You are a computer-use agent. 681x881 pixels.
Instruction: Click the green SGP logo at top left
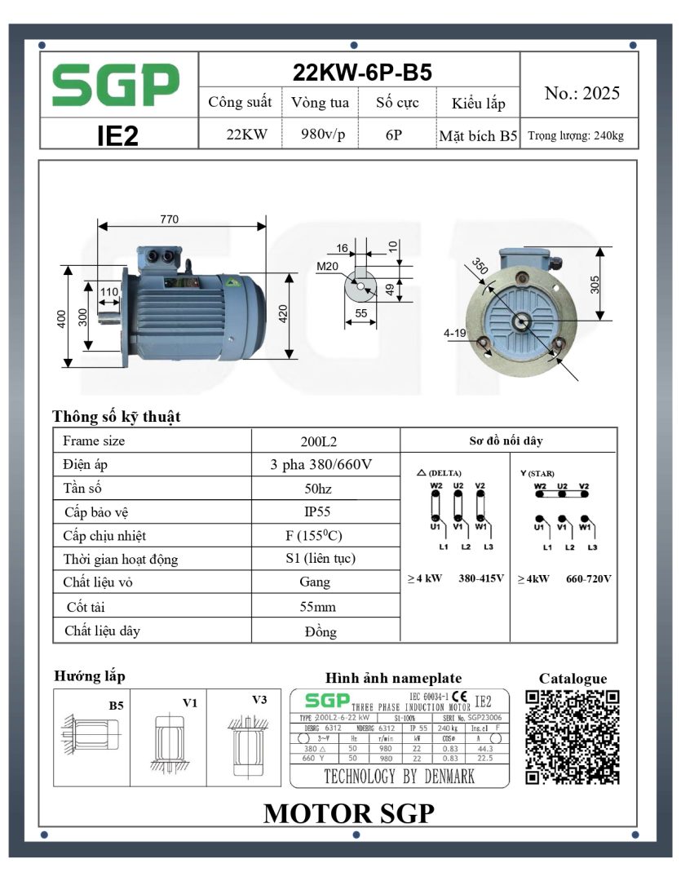[116, 85]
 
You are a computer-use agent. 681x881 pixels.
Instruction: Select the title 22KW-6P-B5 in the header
[361, 72]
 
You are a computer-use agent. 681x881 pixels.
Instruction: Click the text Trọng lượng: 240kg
[576, 135]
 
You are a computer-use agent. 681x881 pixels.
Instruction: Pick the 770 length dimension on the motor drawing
[170, 219]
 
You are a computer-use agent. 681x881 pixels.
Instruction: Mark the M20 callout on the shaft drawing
[328, 266]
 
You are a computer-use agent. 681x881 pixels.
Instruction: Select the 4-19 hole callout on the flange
[455, 334]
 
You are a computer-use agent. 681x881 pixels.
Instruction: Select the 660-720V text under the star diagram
[589, 578]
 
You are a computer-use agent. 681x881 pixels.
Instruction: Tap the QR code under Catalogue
[572, 737]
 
